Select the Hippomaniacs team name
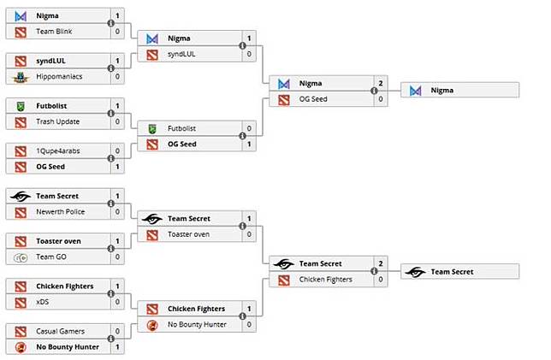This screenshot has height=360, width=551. (x=58, y=76)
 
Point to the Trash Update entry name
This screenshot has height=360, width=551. (x=57, y=121)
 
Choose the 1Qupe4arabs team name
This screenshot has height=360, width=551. (x=59, y=150)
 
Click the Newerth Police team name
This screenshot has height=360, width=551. (x=61, y=211)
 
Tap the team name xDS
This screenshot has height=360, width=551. (x=43, y=301)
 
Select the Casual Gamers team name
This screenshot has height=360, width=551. (x=59, y=331)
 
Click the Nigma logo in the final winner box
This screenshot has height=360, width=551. (x=416, y=90)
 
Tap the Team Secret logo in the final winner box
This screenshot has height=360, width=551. (x=416, y=271)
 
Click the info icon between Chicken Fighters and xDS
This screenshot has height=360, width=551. (x=110, y=293)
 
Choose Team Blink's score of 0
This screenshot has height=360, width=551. (x=117, y=32)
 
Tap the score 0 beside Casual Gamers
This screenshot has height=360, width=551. (x=117, y=331)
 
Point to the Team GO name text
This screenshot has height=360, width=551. (x=52, y=257)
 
